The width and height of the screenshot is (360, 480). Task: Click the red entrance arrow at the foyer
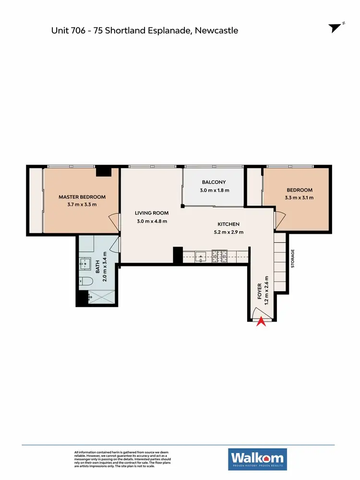[261, 322]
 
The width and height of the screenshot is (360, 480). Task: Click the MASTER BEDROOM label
[82, 197]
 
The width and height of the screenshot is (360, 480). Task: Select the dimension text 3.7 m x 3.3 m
[82, 204]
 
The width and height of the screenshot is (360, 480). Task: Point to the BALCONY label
[214, 182]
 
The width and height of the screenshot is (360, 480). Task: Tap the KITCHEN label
[228, 224]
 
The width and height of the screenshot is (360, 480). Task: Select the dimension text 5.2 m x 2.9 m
[228, 232]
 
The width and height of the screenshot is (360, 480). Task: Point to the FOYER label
[260, 291]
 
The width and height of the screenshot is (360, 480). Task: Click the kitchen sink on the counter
[201, 254]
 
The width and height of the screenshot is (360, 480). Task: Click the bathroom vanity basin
[86, 263]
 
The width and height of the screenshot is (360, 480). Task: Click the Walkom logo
[258, 459]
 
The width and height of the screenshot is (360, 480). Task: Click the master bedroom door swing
[114, 221]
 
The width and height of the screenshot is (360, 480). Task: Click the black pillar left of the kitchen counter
[178, 255]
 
